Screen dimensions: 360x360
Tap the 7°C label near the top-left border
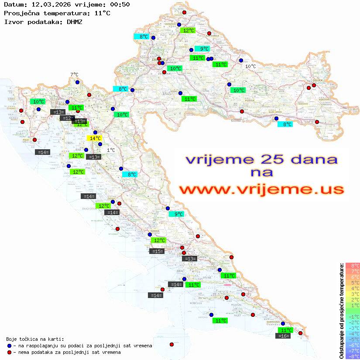pyautogui.click(x=74, y=75)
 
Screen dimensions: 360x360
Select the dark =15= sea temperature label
pyautogui.click(x=157, y=251)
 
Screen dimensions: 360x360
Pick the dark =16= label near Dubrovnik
pyautogui.click(x=284, y=336)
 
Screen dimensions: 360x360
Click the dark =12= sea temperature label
pyautogui.click(x=67, y=118)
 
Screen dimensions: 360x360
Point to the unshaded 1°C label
pyautogui.click(x=111, y=150)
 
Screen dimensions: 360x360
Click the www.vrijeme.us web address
pyautogui.click(x=261, y=189)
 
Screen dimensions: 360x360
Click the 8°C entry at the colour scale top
pyautogui.click(x=353, y=265)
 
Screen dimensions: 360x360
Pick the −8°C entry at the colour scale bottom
pyautogui.click(x=353, y=357)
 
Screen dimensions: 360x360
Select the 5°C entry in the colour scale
pyautogui.click(x=353, y=282)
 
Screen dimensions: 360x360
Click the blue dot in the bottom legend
pyautogui.click(x=9, y=346)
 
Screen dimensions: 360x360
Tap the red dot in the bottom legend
pyautogui.click(x=9, y=352)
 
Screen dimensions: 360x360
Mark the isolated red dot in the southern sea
pyautogui.click(x=171, y=344)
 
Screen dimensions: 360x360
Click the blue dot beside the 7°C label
pyautogui.click(x=77, y=82)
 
